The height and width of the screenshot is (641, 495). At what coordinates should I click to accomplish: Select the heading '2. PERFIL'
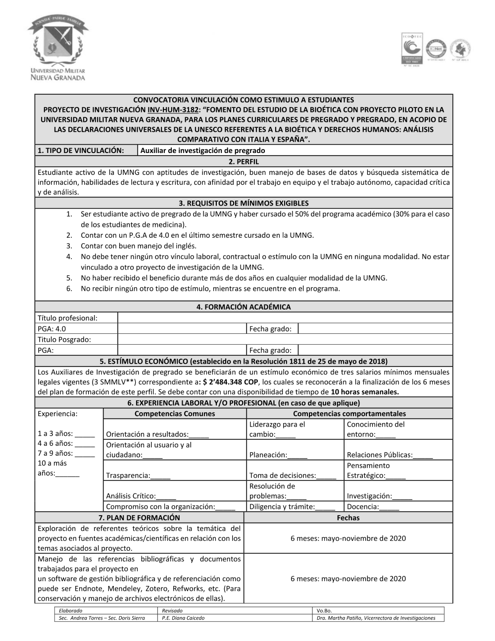click(244, 161)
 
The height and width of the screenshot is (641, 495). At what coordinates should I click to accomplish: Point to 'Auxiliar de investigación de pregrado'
click(202, 151)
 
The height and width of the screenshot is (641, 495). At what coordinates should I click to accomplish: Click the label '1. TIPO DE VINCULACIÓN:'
click(81, 151)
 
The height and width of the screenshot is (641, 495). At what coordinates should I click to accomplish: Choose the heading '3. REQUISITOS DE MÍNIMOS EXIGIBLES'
click(244, 203)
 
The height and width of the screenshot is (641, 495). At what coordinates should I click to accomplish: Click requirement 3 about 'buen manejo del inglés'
click(139, 246)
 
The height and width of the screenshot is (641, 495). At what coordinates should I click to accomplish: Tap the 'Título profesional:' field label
click(68, 318)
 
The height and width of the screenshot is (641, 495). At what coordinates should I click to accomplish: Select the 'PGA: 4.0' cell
click(52, 329)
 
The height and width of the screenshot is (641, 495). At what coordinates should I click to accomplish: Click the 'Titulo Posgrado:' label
click(64, 340)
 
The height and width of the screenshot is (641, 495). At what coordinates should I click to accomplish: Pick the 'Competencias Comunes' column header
click(175, 414)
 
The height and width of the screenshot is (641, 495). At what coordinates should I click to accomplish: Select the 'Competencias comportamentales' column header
click(349, 414)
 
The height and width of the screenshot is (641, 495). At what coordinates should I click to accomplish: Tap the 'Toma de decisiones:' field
click(293, 476)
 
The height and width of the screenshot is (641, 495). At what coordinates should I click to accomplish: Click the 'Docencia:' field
click(373, 507)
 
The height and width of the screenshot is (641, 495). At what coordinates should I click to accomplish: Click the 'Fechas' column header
click(348, 518)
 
